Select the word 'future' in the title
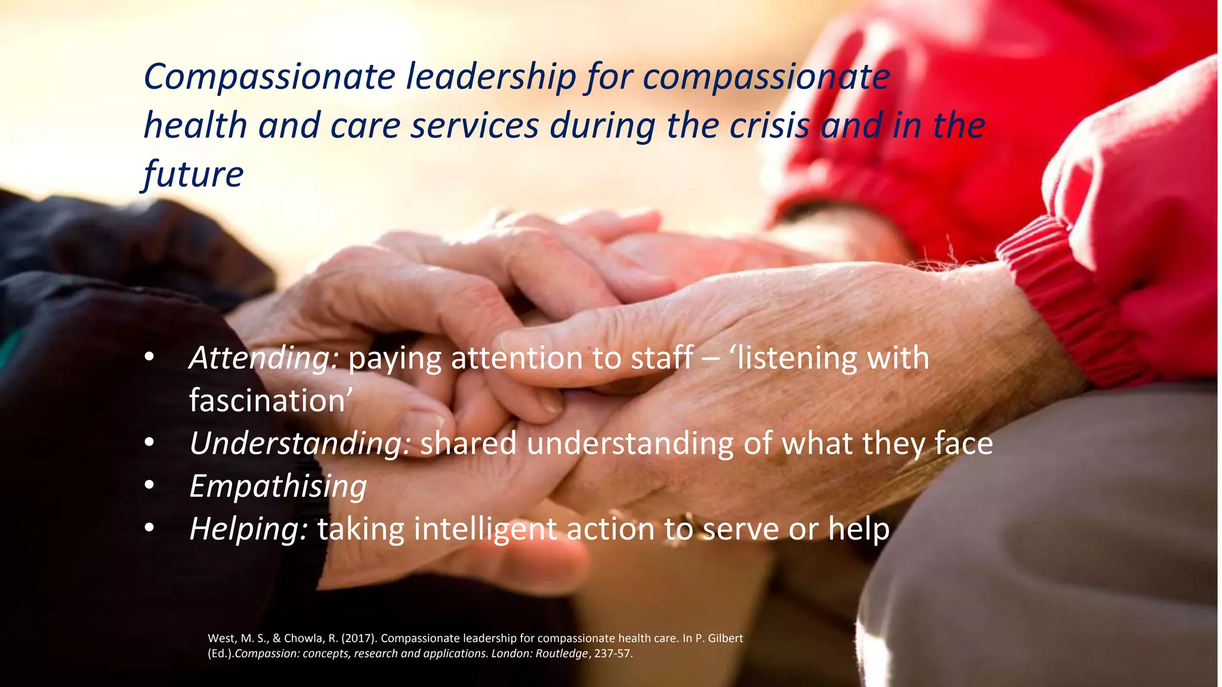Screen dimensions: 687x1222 [193, 174]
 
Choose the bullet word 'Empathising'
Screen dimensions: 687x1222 [278, 487]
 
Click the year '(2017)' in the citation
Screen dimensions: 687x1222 [359, 639]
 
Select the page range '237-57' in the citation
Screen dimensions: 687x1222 [612, 654]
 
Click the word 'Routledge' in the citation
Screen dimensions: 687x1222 [561, 654]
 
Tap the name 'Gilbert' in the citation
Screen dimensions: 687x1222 [724, 639]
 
